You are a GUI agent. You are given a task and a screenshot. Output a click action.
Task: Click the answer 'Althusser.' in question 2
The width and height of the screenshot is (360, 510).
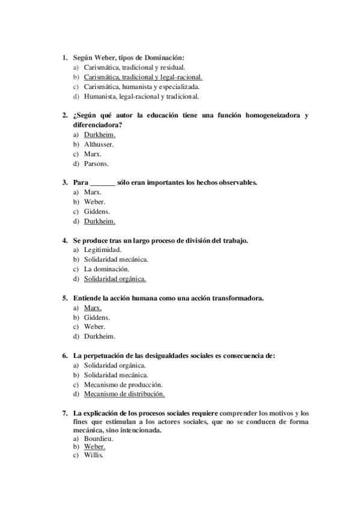99,144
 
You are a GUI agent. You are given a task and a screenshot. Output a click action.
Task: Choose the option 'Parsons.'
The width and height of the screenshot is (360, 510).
96,164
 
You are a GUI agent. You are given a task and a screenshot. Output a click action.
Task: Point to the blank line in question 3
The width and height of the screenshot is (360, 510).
102,182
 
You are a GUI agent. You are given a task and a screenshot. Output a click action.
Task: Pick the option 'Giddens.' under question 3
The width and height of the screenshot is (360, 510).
97,212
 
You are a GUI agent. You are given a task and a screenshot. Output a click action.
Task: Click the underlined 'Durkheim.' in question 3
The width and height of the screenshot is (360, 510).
99,221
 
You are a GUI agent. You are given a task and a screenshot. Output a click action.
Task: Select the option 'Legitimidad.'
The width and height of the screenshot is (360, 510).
103,250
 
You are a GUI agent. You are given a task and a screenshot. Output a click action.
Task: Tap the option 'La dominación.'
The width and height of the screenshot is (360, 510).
106,269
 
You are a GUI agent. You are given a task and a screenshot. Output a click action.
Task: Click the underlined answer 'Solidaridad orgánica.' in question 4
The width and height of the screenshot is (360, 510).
115,278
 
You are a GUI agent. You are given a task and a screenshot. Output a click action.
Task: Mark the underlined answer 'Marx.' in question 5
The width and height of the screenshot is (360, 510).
93,307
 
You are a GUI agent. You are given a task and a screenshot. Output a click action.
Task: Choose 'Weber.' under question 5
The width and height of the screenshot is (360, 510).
95,327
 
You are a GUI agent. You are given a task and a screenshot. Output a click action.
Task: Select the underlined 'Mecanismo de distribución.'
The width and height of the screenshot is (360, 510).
124,394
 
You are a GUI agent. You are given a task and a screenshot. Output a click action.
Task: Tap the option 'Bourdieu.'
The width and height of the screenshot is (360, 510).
99,438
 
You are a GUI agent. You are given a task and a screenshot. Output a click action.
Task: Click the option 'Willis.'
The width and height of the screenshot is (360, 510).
94,455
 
